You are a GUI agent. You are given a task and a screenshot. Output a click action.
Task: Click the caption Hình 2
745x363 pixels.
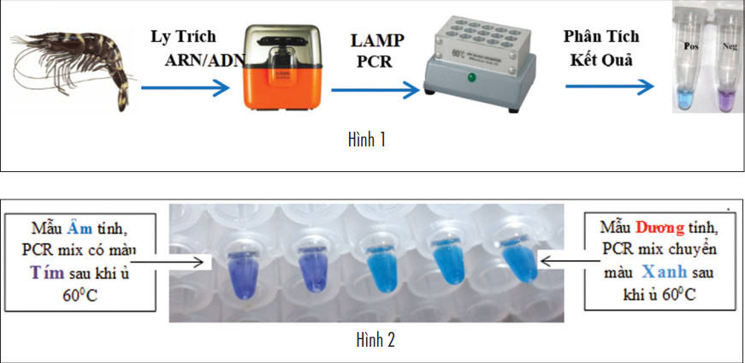pyautogui.click(x=375, y=341)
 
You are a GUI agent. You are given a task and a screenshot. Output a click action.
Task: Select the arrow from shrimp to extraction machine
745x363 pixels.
pyautogui.click(x=186, y=87)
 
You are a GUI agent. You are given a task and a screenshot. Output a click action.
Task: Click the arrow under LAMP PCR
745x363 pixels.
pyautogui.click(x=375, y=87)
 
